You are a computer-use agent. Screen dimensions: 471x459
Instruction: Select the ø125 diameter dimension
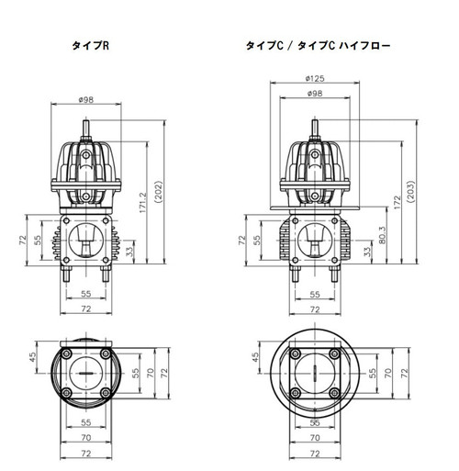point(314,78)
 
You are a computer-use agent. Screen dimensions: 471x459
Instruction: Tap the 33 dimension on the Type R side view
point(129,250)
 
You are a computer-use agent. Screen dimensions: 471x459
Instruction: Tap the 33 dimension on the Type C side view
point(366,250)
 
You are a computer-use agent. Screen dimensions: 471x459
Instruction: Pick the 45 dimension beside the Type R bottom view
point(31,358)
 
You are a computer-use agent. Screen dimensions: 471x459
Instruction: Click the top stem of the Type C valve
point(314,128)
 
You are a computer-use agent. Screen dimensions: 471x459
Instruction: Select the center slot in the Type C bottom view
point(314,376)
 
